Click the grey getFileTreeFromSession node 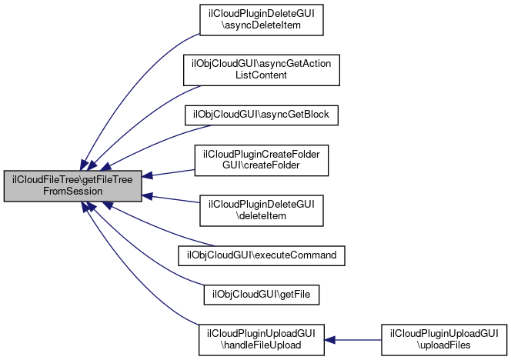click(72, 185)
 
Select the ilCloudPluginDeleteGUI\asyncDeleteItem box click(262, 20)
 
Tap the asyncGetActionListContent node click(262, 70)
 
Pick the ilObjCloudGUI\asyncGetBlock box click(262, 115)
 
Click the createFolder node click(262, 161)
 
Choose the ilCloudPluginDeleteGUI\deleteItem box click(262, 211)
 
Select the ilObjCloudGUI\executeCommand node click(262, 255)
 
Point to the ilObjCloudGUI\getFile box click(262, 295)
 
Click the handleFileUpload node click(262, 340)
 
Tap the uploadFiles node click(444, 340)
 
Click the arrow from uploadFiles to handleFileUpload click(353, 340)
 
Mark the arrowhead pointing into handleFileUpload click(330, 340)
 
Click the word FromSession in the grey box click(72, 192)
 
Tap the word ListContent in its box click(262, 75)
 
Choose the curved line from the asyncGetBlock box click(156, 144)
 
